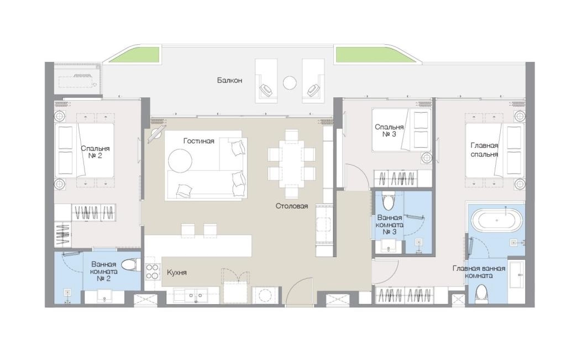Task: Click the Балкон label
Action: tap(229, 81)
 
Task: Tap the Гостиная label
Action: tap(198, 141)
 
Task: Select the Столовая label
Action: tap(292, 206)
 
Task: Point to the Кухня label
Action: tap(176, 273)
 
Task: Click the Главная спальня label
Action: tap(484, 150)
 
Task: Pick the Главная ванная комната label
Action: tap(479, 272)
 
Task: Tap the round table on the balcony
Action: tap(290, 83)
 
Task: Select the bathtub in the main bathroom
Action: tap(496, 220)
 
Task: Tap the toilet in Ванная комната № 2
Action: tap(131, 265)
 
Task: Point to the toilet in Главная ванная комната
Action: tap(481, 293)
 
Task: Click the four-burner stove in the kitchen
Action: tap(153, 272)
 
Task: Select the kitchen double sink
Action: tap(190, 295)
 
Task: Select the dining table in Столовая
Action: tap(291, 164)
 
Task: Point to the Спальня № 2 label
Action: tap(95, 152)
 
